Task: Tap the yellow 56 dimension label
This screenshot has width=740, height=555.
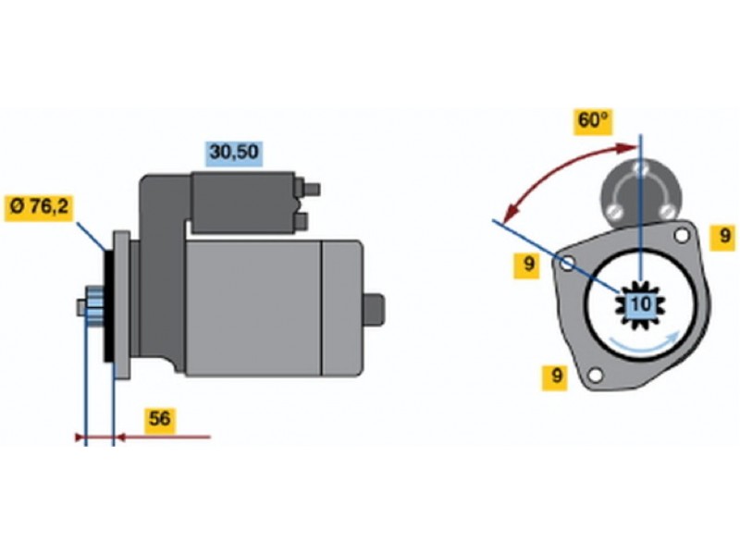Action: click(160, 419)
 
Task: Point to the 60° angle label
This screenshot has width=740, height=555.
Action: click(593, 121)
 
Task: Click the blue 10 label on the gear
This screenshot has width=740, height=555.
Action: click(640, 303)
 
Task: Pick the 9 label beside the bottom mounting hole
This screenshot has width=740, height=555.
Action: click(555, 376)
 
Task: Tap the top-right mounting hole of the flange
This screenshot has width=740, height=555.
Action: click(683, 235)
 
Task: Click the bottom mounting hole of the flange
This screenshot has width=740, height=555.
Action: click(596, 375)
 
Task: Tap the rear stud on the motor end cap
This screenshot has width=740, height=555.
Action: click(374, 307)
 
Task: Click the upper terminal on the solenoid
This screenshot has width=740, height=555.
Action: click(311, 189)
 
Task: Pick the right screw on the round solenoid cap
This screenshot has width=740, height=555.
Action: click(665, 211)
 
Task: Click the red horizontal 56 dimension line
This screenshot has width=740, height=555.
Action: click(162, 436)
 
